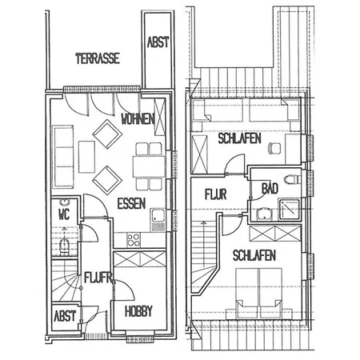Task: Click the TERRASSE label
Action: click(x=98, y=58)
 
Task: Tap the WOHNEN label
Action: click(x=138, y=118)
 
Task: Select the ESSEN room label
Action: click(x=131, y=204)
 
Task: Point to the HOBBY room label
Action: click(x=138, y=311)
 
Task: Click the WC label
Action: click(x=64, y=214)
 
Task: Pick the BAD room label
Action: click(x=270, y=188)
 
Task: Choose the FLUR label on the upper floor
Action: click(x=216, y=194)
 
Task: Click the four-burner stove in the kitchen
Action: click(x=133, y=239)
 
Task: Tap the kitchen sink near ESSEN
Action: click(x=158, y=219)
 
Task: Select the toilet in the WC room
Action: click(x=65, y=246)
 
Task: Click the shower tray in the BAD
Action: click(x=289, y=210)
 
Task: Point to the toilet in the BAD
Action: click(x=292, y=179)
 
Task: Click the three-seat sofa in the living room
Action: click(x=63, y=157)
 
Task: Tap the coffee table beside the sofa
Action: click(x=86, y=157)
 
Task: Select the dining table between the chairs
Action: click(x=149, y=166)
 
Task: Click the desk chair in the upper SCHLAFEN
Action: click(x=274, y=148)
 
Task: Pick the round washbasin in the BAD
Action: click(x=264, y=214)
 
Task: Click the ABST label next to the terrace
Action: click(x=158, y=42)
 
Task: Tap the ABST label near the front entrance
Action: click(x=65, y=316)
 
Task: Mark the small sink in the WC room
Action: click(x=64, y=202)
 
